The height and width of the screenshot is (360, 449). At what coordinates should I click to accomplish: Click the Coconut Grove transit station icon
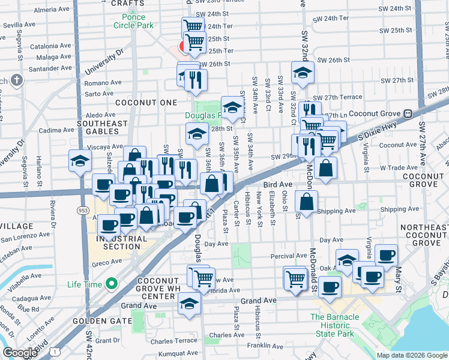click(407, 113)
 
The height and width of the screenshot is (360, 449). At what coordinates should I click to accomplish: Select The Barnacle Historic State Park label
click(334, 322)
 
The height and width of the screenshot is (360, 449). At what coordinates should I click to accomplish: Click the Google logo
click(20, 353)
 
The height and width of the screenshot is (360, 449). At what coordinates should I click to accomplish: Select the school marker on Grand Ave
click(190, 303)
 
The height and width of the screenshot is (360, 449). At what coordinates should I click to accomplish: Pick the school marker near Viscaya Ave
click(80, 161)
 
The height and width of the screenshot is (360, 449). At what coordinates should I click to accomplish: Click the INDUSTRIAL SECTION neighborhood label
click(118, 242)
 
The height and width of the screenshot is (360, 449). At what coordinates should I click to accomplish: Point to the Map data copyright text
click(411, 355)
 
